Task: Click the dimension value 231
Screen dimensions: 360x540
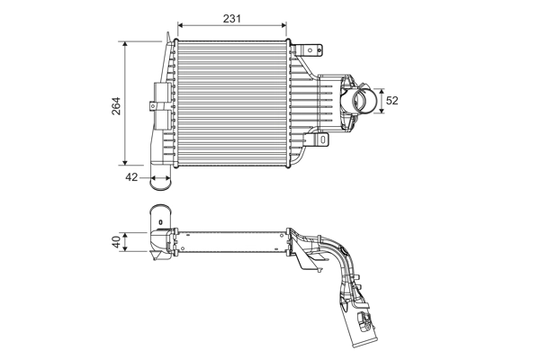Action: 232,16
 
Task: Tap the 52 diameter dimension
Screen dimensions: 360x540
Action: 392,101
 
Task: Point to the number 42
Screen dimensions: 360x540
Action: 131,177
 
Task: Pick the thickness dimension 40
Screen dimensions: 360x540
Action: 116,241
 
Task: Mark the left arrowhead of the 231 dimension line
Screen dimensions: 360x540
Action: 180,24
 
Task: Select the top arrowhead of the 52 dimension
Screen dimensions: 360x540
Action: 382,90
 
